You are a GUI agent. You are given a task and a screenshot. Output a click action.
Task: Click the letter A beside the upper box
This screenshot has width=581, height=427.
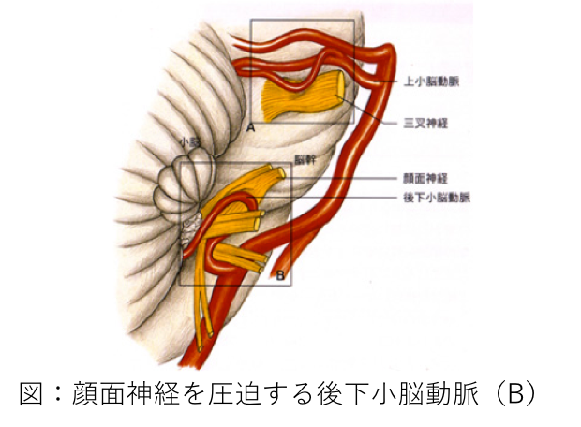(250, 125)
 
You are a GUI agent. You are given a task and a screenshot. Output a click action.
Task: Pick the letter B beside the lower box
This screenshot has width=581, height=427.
(280, 275)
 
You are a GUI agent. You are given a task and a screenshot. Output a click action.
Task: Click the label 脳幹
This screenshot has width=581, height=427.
(304, 160)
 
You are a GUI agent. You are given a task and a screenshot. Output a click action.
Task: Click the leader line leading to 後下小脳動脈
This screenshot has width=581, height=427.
(347, 198)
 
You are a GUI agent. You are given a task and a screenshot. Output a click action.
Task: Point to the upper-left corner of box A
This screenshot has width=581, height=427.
(251, 21)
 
